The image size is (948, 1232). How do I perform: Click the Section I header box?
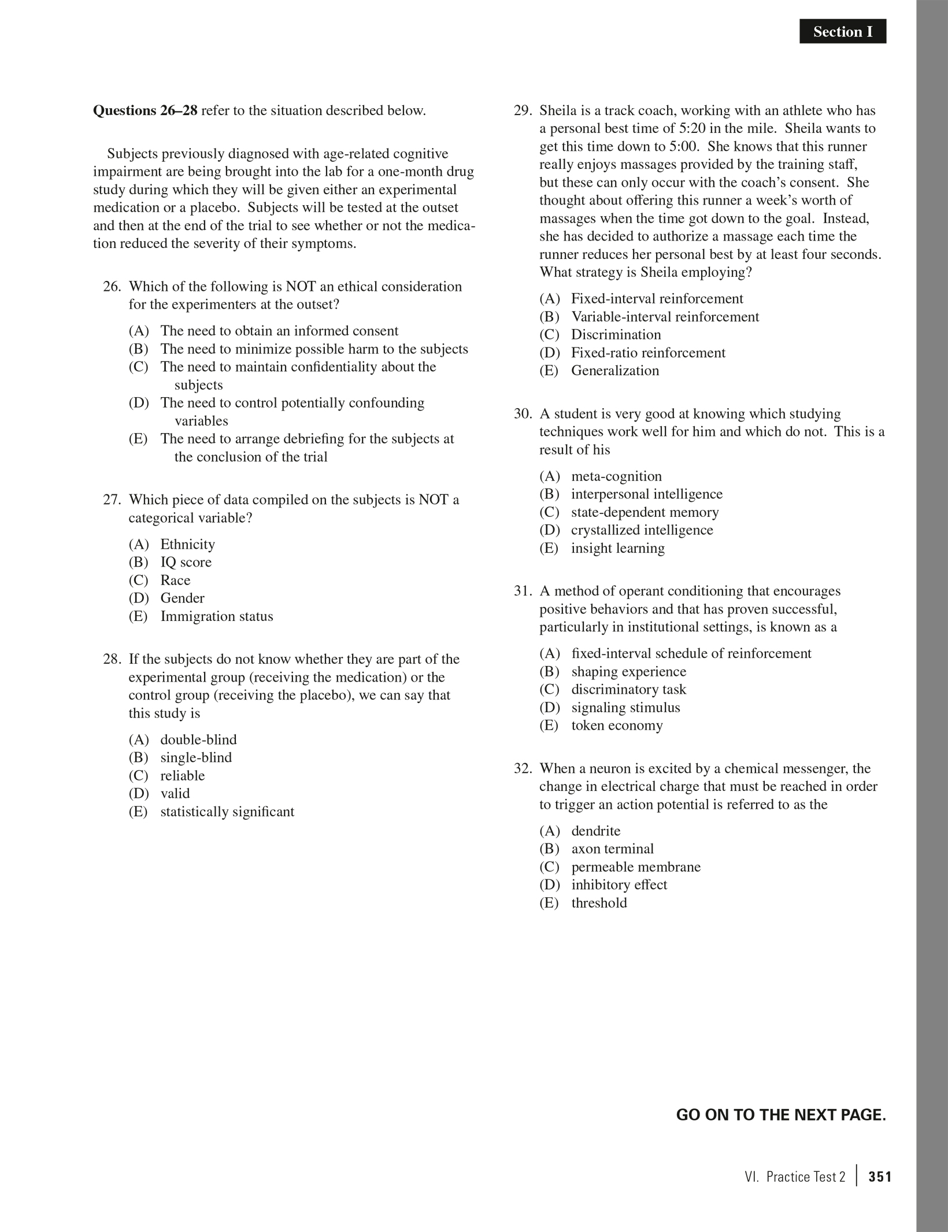click(842, 32)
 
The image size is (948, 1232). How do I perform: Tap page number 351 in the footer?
click(880, 1176)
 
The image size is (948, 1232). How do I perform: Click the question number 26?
click(112, 287)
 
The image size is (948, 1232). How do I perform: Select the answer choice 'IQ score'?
click(186, 562)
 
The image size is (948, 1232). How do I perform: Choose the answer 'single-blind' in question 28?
click(196, 757)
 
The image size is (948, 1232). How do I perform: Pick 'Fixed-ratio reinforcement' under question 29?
click(648, 353)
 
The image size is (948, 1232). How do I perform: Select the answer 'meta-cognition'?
click(616, 476)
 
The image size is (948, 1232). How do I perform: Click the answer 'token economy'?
click(617, 726)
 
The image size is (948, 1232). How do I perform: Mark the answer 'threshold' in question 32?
click(599, 903)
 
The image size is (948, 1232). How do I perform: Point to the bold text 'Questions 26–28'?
click(145, 110)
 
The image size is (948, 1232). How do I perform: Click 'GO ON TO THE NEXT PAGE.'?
click(781, 1115)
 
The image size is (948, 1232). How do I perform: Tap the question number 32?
click(523, 769)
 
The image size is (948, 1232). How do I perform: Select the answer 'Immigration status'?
click(217, 616)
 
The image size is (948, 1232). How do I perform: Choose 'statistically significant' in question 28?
click(227, 812)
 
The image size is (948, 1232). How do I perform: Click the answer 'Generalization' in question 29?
click(615, 371)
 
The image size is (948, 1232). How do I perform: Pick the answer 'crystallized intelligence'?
click(642, 530)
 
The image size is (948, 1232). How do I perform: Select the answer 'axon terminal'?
click(612, 849)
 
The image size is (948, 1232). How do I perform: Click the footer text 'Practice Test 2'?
click(805, 1176)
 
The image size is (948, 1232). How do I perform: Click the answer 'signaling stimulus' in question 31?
click(625, 708)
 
